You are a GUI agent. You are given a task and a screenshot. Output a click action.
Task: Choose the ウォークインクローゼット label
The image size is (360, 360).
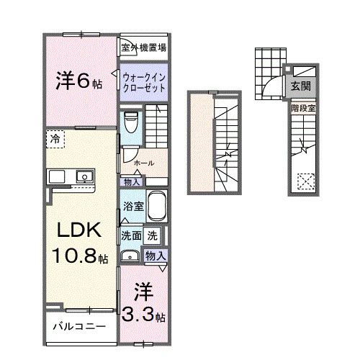144,82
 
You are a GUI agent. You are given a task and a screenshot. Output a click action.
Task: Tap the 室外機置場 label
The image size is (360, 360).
144,49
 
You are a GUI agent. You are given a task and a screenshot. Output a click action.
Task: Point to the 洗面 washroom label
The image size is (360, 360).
130,235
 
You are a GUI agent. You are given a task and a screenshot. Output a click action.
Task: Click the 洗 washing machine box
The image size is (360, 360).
153,235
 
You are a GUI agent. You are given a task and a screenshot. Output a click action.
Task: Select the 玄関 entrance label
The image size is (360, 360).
300,86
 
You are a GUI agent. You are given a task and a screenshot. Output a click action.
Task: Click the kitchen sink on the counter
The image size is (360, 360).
84,176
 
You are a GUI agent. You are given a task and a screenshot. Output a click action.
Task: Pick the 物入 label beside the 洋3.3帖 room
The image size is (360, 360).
156,255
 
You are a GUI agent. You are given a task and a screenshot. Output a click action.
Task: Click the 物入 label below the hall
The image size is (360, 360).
132,182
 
